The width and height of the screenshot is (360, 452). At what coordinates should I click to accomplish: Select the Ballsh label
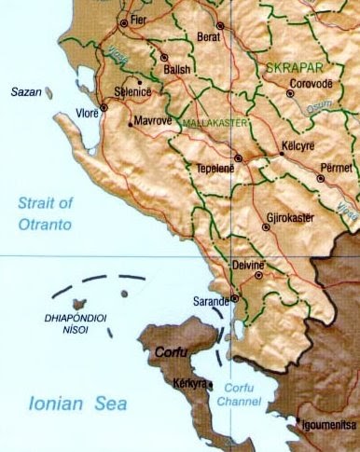point(177,69)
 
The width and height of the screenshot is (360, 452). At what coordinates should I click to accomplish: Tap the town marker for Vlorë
point(104,106)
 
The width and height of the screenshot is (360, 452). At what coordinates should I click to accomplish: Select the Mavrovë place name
point(153,120)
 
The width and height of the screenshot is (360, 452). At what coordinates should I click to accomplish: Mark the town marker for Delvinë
point(257,275)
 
